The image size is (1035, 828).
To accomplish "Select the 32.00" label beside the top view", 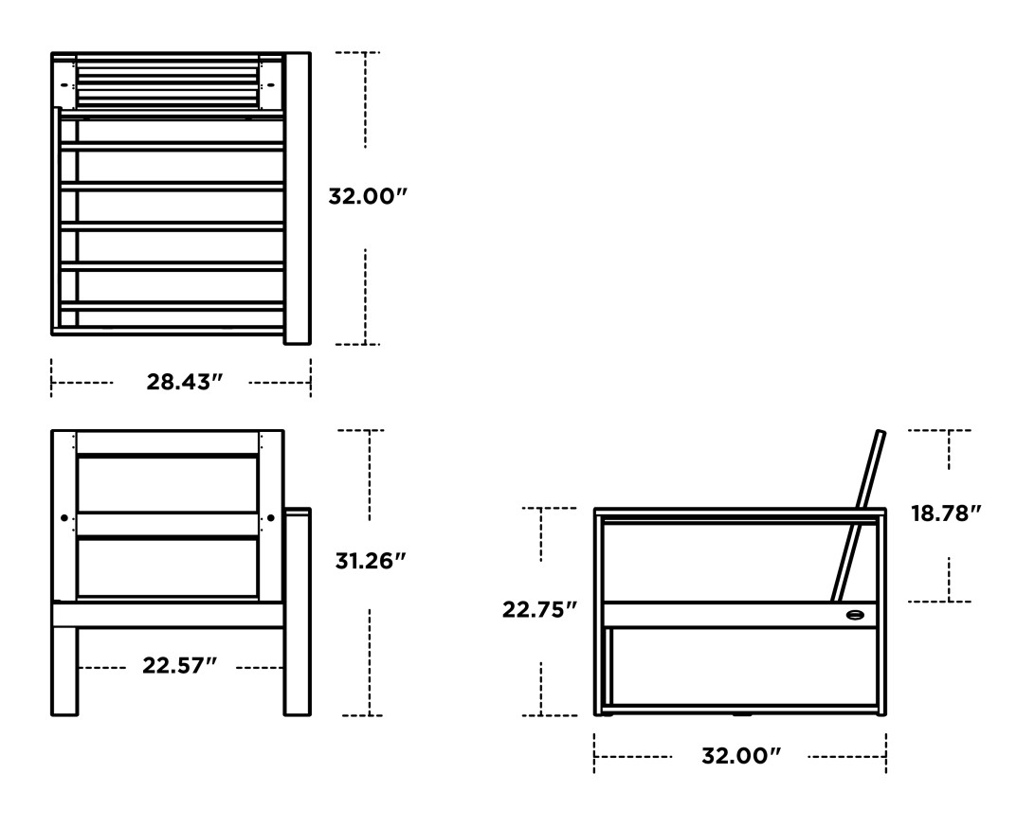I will (367, 197).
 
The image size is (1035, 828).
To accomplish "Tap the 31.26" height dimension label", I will (371, 560).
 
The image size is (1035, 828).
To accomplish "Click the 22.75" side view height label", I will (540, 610).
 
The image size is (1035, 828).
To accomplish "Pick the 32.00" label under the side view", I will (740, 756).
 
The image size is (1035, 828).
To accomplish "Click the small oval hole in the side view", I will (855, 614).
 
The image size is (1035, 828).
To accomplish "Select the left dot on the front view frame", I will (64, 518).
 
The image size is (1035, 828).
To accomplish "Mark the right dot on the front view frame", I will (271, 518).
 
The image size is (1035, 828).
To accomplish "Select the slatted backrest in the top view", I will (167, 83).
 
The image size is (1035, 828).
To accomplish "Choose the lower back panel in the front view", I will (167, 568).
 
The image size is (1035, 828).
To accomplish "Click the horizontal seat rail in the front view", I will (167, 615).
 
